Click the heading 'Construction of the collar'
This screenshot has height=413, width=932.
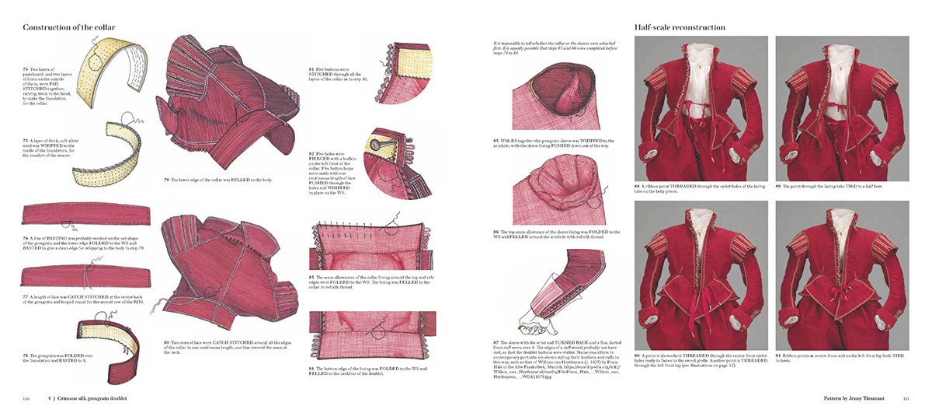69,27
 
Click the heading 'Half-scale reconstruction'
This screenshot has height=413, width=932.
680,27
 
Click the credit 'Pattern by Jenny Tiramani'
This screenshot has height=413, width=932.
854,398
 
